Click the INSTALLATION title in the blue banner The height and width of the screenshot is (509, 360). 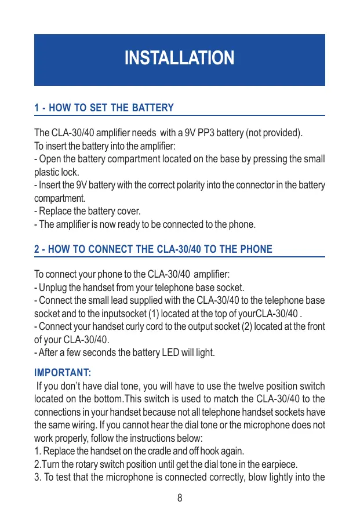pyautogui.click(x=180, y=58)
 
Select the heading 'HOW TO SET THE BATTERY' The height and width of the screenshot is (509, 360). pyautogui.click(x=110, y=108)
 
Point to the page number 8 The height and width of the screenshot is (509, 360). pyautogui.click(x=180, y=498)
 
